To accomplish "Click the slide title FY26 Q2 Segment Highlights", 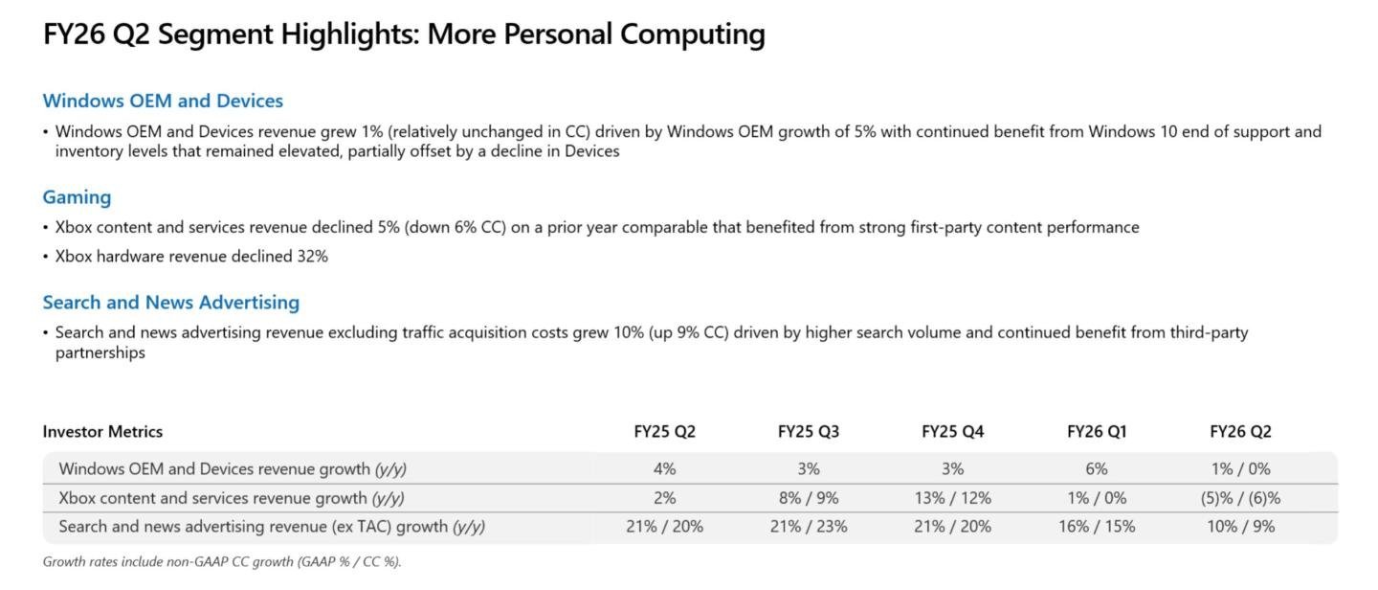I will pos(404,34).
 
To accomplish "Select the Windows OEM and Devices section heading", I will pos(163,101).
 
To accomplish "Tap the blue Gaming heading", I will pos(77,197).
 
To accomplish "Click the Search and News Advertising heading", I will pos(170,303).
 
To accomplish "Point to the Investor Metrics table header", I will pos(102,432).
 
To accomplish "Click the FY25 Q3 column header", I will pos(808,432).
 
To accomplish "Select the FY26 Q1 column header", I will pos(1097,432).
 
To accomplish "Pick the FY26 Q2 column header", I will pos(1240,432).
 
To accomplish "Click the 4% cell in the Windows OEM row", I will pos(664,469).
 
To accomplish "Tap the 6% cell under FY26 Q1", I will pos(1097,469).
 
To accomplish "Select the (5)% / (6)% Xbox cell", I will pos(1240,498).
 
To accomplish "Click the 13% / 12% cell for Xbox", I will pos(952,498).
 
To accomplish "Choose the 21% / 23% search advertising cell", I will pos(808,527).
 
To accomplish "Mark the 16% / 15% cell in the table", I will pos(1097,527).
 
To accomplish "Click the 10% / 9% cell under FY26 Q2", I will pos(1240,527).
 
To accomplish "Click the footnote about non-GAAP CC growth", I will pos(222,562).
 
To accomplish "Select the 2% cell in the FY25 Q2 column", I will pos(664,498).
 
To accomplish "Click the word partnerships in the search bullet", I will pos(100,352).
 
